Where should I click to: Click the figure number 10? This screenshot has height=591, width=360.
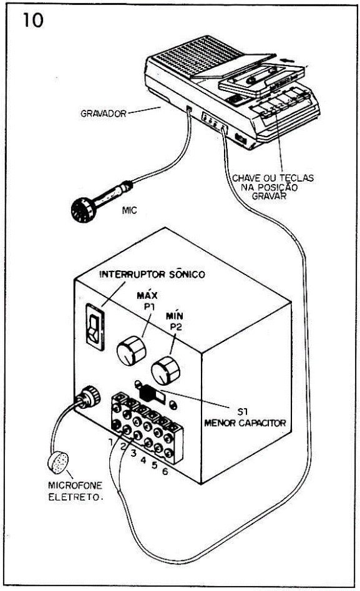click(33, 21)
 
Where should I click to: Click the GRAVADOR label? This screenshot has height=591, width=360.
click(104, 114)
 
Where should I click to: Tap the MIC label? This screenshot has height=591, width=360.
click(129, 210)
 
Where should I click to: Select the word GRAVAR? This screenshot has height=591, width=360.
click(269, 196)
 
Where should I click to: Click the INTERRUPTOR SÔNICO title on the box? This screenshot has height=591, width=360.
click(152, 274)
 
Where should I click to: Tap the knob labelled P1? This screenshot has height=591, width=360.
click(131, 351)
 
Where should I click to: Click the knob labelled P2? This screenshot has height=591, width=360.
click(165, 371)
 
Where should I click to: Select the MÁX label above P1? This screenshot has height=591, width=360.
click(147, 295)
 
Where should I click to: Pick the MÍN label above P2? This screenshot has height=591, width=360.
click(174, 316)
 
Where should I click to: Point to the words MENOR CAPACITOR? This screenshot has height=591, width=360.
click(245, 423)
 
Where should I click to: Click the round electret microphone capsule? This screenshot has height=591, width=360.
click(58, 462)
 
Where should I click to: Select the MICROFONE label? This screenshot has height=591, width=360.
click(75, 485)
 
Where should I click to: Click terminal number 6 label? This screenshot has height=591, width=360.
click(165, 471)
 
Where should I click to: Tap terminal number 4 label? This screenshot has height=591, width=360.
click(144, 460)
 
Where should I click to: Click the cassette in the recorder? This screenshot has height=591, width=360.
click(261, 79)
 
